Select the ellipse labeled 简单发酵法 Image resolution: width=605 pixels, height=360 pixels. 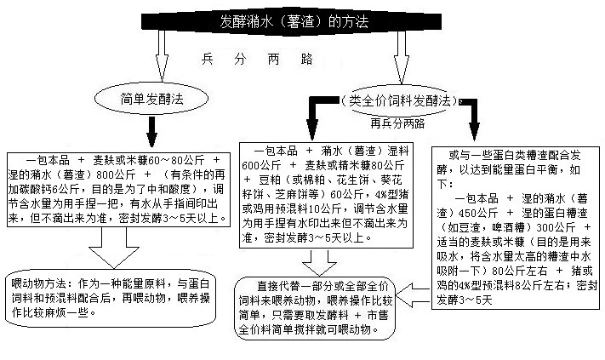coord(153,100)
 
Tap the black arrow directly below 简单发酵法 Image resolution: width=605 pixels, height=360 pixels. coord(153,132)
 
